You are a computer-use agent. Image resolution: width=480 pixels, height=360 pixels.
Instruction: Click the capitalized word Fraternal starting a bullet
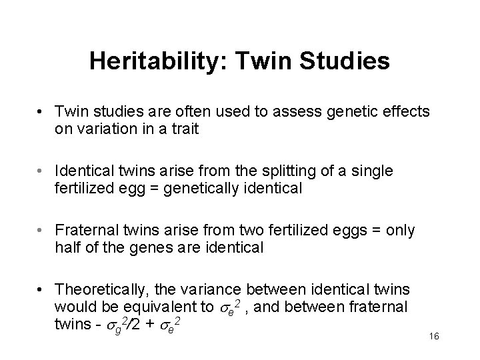[x=85, y=231]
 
